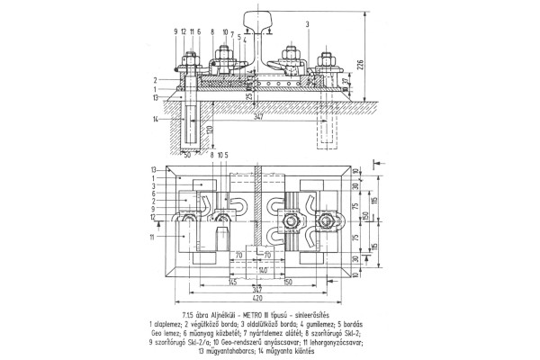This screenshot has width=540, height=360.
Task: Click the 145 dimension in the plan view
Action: (x=206, y=282)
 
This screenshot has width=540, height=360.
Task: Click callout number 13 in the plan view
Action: (x=155, y=169)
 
